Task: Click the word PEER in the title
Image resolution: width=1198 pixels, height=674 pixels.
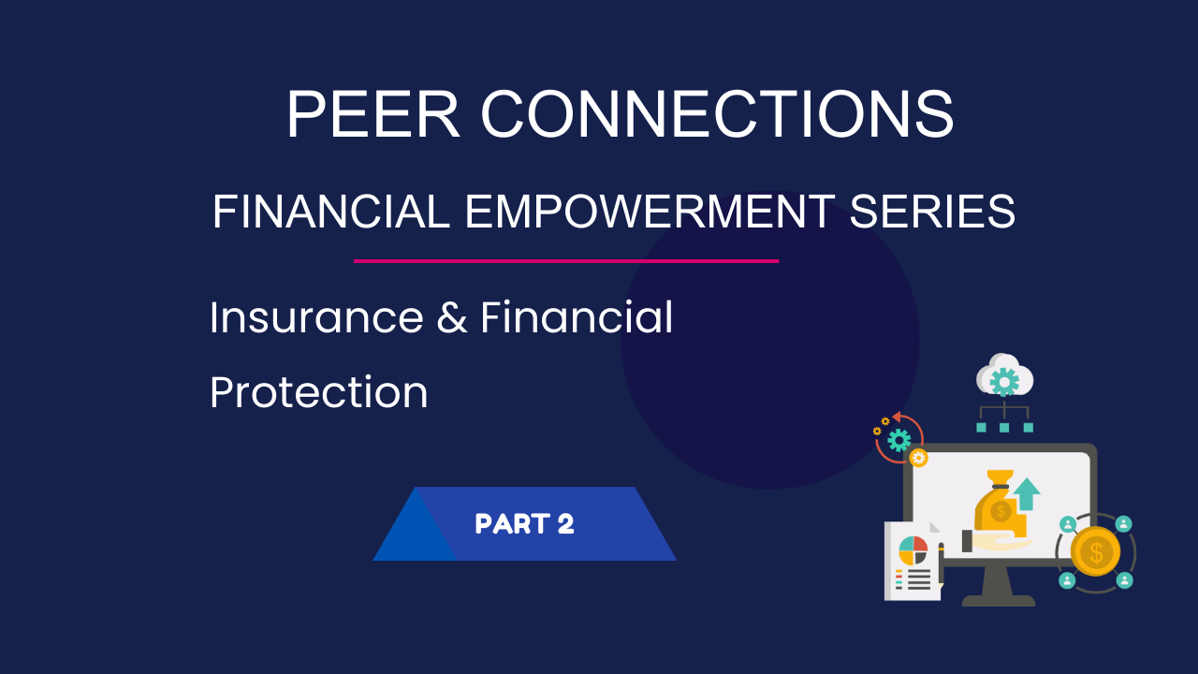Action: point(373,114)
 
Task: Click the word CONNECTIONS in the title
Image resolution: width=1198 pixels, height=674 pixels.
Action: point(717,114)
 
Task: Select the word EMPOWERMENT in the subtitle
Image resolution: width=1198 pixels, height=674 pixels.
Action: point(650,212)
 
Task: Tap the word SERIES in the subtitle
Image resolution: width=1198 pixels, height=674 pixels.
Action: point(932,212)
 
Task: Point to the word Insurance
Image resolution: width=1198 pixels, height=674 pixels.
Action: point(316,317)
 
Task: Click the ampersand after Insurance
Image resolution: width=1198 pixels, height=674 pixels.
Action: point(452,317)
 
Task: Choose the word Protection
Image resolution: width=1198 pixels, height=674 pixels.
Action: point(319,392)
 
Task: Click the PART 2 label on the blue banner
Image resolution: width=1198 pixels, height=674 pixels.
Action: point(524,523)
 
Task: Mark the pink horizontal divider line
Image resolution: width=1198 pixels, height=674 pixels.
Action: point(566,261)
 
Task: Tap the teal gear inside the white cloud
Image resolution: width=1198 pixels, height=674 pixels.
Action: point(1004,382)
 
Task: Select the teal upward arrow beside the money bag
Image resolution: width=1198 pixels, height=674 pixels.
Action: point(1027,493)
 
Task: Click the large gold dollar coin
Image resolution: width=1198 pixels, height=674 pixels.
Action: point(1095,551)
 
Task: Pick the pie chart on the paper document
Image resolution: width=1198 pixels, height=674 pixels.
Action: point(913,551)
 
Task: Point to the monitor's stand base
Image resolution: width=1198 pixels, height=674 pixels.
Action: point(999,600)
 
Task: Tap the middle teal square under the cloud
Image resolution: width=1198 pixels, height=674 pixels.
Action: point(1004,428)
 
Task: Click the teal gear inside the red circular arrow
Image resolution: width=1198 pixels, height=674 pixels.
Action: point(899,440)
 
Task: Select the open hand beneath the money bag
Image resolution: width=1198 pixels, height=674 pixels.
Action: point(998,542)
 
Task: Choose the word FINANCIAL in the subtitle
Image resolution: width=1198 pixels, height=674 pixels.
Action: point(331,212)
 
